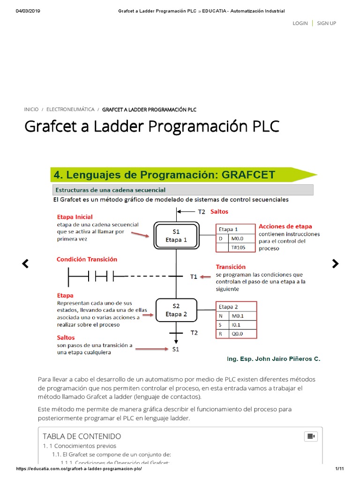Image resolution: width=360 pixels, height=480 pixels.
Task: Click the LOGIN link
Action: tap(300, 23)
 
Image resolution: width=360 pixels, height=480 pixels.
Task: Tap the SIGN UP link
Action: tap(326, 23)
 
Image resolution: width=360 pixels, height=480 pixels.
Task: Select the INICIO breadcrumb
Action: tap(31, 110)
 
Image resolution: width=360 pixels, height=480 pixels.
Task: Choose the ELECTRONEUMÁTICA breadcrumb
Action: tap(70, 110)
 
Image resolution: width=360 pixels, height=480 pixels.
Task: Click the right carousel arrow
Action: tap(335, 264)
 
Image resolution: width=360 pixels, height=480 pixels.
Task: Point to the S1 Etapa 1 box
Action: tap(176, 236)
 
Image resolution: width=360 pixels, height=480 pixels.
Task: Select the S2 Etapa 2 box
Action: tap(176, 310)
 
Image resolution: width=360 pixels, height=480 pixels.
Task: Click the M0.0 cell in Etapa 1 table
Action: tap(238, 238)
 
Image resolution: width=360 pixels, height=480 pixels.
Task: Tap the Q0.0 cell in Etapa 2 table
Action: tap(238, 334)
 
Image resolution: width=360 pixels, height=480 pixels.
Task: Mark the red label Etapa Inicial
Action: tap(75, 217)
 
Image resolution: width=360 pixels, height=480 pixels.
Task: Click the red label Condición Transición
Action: tap(87, 259)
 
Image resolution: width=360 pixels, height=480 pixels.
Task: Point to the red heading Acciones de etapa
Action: tap(285, 226)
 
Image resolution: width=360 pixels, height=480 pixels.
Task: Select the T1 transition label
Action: tap(194, 277)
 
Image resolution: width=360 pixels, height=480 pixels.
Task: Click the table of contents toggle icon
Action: tap(311, 436)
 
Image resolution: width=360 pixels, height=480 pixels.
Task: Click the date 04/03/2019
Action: tap(28, 11)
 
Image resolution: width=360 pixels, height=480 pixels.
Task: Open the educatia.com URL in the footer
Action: tap(79, 469)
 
